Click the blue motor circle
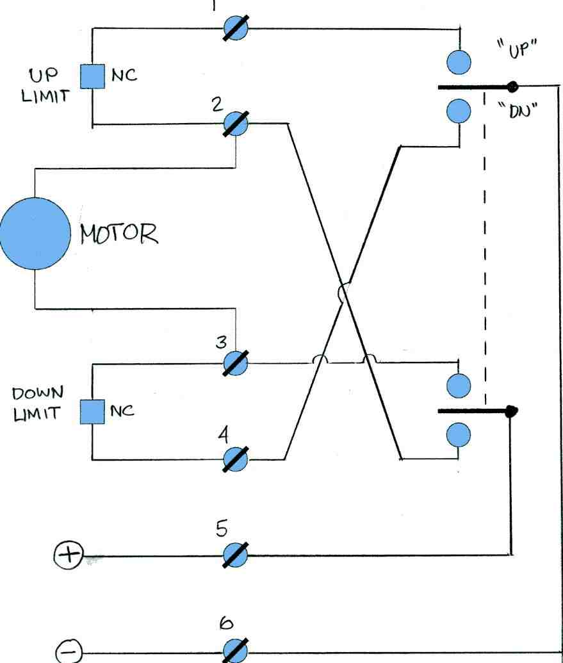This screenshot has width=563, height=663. pyautogui.click(x=33, y=233)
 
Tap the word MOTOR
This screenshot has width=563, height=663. pyautogui.click(x=118, y=234)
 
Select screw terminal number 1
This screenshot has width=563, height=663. pyautogui.click(x=236, y=28)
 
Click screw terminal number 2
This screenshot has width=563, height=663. pyautogui.click(x=236, y=124)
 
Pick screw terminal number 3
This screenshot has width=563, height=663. pyautogui.click(x=236, y=363)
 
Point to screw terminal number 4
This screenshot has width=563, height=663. pyautogui.click(x=236, y=459)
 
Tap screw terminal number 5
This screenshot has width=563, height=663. pyautogui.click(x=236, y=555)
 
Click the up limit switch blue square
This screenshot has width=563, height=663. pyautogui.click(x=92, y=76)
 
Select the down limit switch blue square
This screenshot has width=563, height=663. pyautogui.click(x=92, y=411)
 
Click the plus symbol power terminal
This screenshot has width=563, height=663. pyautogui.click(x=68, y=555)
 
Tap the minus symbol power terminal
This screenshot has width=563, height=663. pyautogui.click(x=68, y=652)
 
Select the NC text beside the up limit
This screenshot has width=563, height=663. pyautogui.click(x=124, y=76)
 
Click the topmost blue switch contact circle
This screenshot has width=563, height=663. pyautogui.click(x=459, y=61)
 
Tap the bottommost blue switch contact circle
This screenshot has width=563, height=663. pyautogui.click(x=459, y=436)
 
